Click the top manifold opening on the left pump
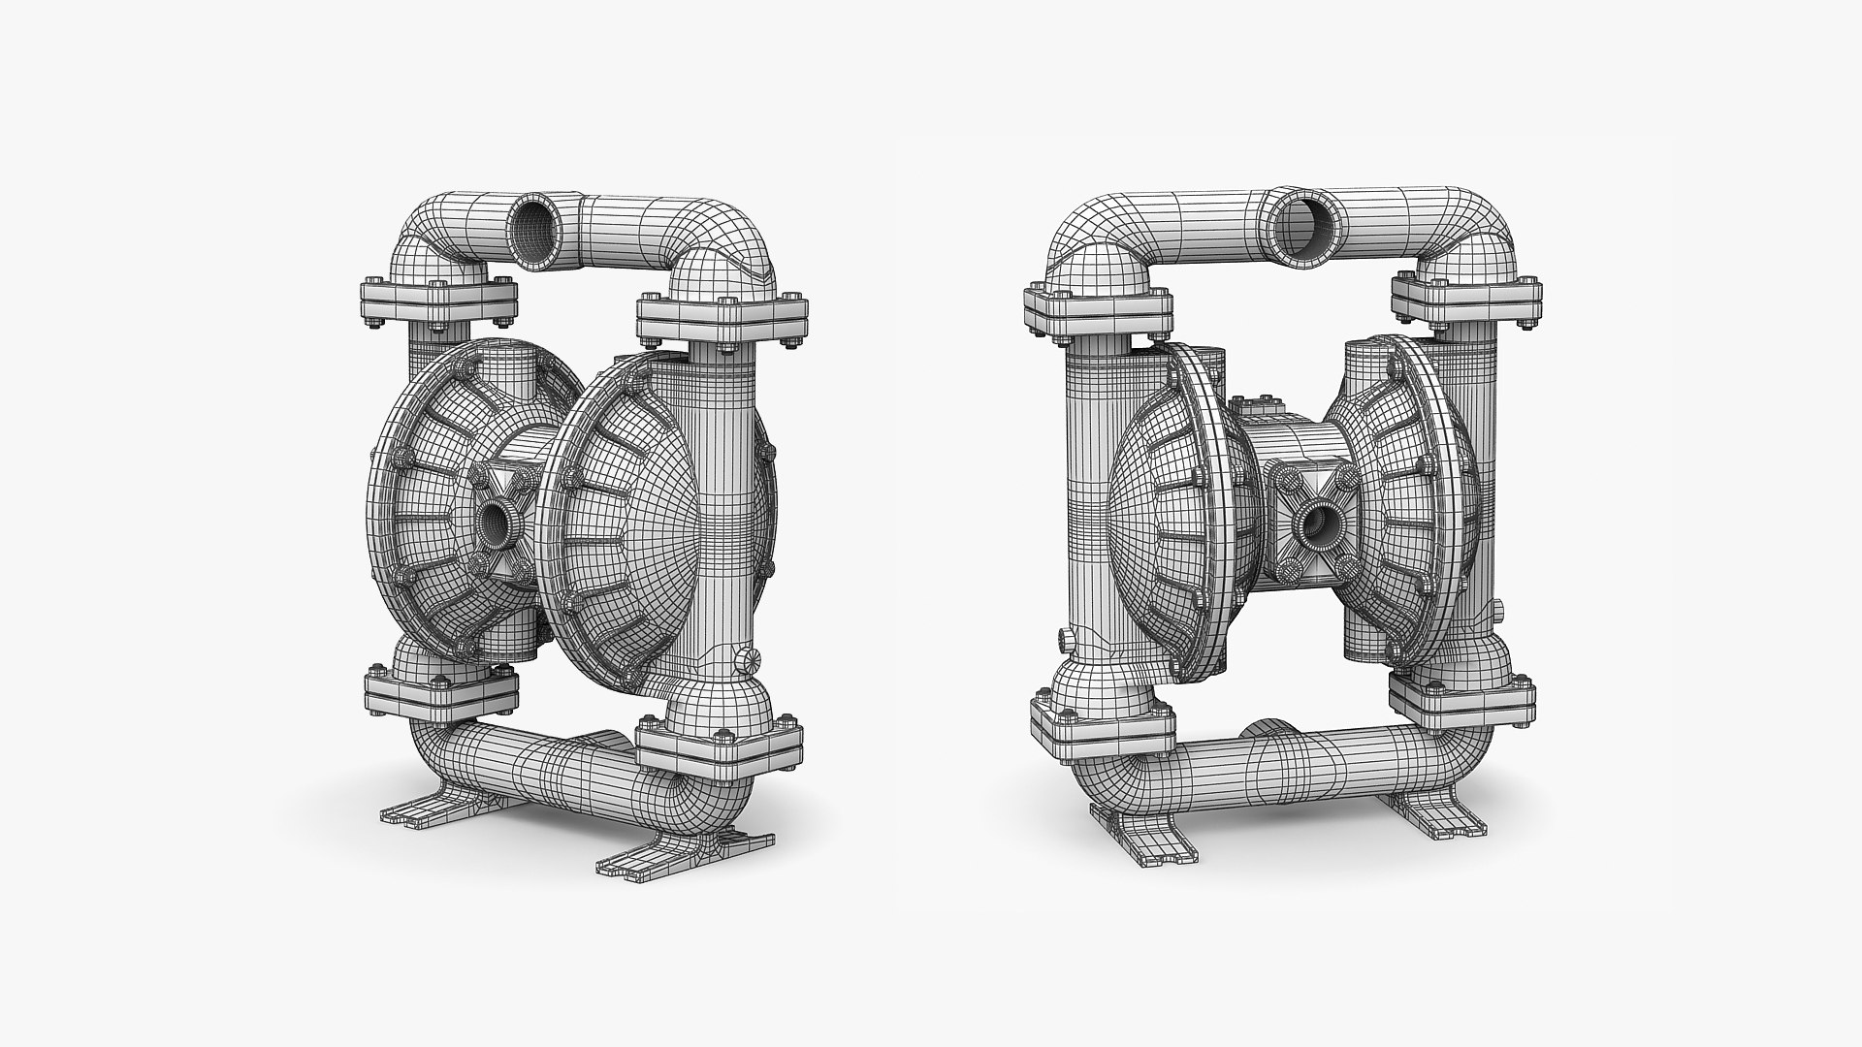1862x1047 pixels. pos(534,230)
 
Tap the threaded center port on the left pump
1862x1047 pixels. pos(497,521)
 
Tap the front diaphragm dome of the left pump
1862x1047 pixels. pos(621,523)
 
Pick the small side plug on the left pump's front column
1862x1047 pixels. pos(748,658)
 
